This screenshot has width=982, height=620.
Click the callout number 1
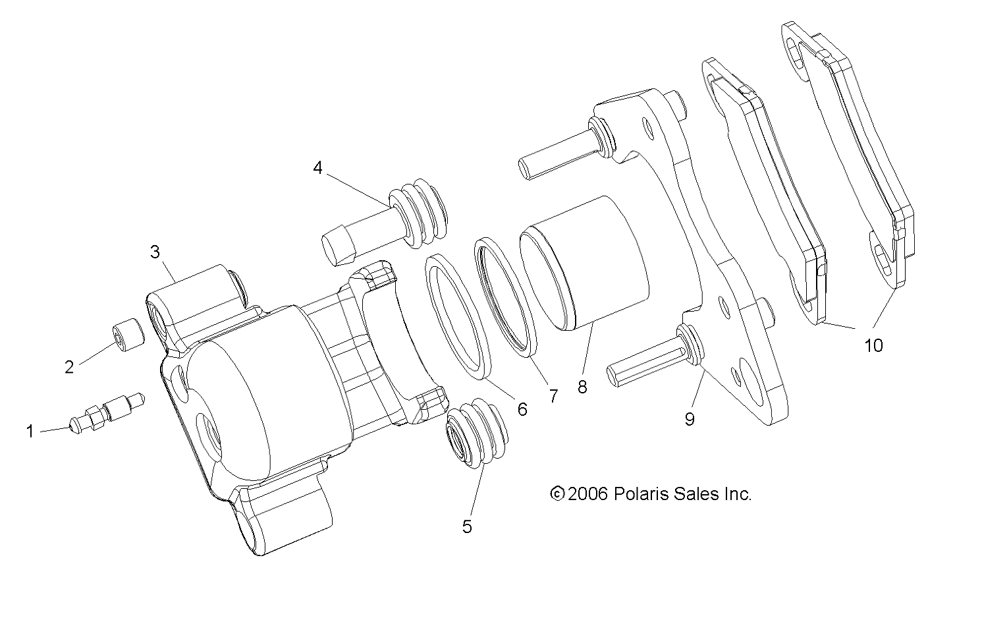coord(30,432)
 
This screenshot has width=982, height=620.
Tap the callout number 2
coord(69,367)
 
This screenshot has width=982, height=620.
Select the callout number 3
coord(155,252)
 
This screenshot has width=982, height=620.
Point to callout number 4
coord(318,168)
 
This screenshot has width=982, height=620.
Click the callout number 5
coord(467,526)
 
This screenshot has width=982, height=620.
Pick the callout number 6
coord(522,409)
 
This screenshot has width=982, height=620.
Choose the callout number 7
coord(553,395)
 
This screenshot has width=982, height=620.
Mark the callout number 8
coord(582,387)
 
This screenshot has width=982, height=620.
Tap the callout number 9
coord(690,419)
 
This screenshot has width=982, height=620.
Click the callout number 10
coord(873,345)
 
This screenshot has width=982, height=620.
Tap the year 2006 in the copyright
coord(587,493)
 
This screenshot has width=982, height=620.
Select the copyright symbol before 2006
coord(557,493)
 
